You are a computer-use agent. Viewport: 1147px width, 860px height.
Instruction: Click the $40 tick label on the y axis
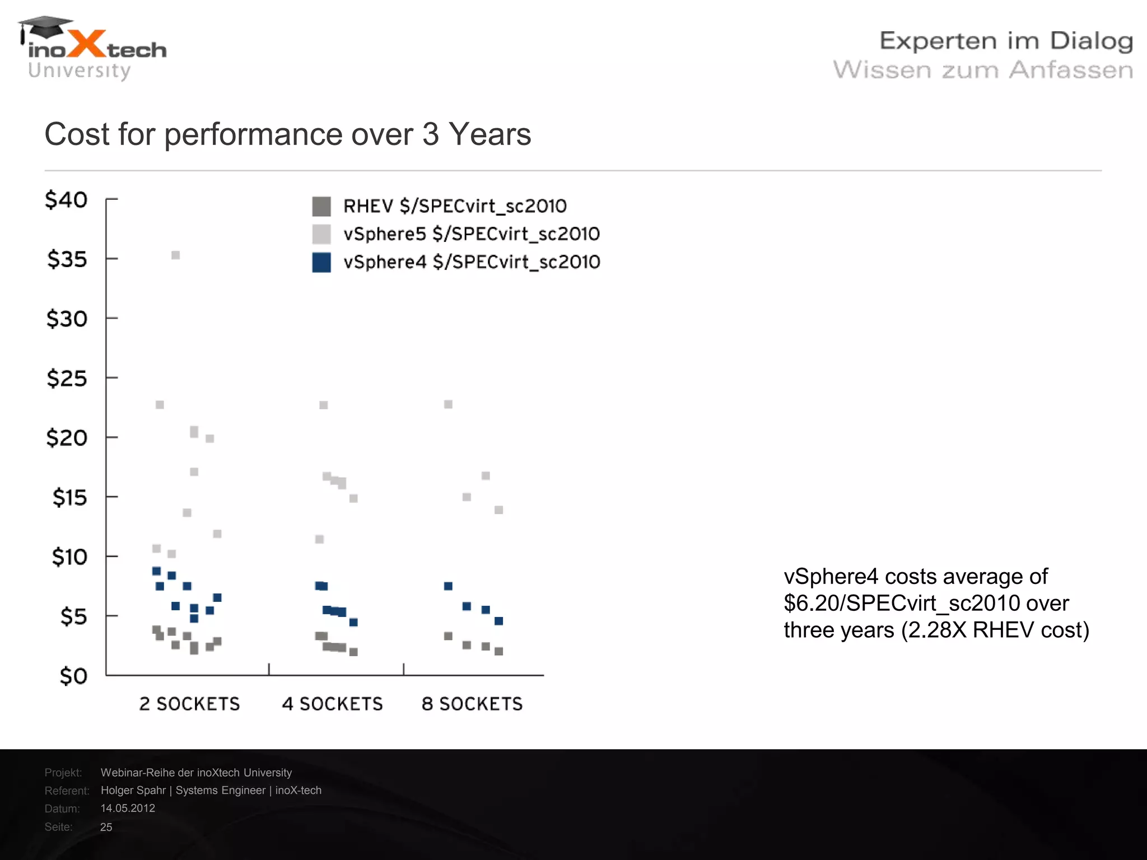66,200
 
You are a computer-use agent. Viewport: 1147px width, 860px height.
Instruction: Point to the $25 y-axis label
67,379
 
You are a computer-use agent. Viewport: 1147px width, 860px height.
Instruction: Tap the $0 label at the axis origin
73,676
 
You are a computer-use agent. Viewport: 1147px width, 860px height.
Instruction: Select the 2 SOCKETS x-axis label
189,704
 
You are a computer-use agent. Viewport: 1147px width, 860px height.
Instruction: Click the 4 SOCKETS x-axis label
332,704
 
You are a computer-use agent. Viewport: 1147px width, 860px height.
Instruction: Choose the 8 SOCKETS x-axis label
472,704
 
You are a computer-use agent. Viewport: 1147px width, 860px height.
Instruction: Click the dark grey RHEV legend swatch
321,206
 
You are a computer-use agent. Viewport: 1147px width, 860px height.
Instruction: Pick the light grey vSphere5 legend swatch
321,234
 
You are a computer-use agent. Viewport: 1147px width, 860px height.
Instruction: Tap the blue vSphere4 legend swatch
321,262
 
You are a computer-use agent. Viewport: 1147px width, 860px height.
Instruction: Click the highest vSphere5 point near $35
175,255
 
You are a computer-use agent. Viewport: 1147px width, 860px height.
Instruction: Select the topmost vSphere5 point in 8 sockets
448,404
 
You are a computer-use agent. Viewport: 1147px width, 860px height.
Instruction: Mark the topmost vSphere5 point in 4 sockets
324,405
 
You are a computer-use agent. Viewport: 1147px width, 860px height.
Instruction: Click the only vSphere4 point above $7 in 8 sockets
448,586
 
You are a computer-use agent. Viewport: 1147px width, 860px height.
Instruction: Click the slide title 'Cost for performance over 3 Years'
287,134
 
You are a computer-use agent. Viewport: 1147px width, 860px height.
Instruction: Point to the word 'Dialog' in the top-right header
1091,41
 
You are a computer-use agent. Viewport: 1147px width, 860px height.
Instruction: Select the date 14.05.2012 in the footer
128,808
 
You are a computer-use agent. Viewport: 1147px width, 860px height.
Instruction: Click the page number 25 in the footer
106,827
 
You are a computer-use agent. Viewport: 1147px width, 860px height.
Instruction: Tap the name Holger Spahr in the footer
133,790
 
